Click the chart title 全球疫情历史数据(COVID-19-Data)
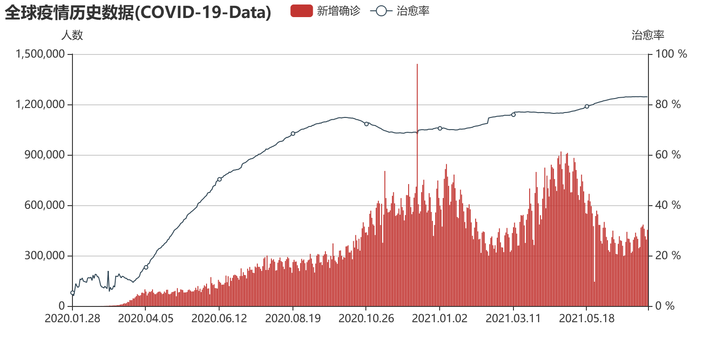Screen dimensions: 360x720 [x=138, y=13]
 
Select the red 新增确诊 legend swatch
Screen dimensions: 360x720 [x=301, y=11]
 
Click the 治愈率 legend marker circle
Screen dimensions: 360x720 [x=381, y=11]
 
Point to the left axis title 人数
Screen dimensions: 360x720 [x=72, y=35]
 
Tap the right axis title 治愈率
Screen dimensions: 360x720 [x=648, y=35]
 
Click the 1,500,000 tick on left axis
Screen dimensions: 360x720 [x=40, y=54]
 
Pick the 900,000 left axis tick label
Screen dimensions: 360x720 [x=44, y=155]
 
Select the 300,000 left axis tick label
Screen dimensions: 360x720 [x=44, y=256]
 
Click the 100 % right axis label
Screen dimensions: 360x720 [x=671, y=54]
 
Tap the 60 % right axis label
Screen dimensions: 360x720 [x=668, y=155]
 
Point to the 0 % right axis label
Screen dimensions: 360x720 [x=665, y=306]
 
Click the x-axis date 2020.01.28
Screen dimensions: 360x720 [x=72, y=319]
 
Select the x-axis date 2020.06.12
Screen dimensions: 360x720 [x=219, y=319]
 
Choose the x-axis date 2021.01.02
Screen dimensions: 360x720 [x=440, y=319]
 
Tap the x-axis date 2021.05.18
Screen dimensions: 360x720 [x=587, y=319]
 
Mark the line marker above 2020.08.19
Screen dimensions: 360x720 [x=293, y=134]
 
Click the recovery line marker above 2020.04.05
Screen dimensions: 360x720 [x=146, y=267]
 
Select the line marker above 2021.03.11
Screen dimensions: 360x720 [x=513, y=115]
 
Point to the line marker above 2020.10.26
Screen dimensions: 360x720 [x=366, y=124]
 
